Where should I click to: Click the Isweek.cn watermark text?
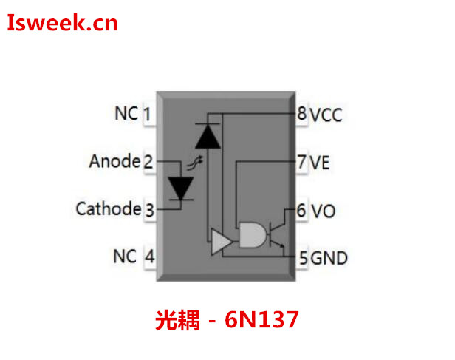pos(63,24)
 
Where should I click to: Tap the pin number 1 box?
pos(148,115)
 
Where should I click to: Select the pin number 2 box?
pos(148,162)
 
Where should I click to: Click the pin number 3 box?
pos(148,211)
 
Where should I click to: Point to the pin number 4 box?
pos(148,257)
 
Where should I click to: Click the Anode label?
pos(114,161)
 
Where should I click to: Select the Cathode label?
pos(108,209)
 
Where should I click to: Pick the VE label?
pos(320,163)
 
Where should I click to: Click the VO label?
pos(322,211)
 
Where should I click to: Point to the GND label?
pos(329,258)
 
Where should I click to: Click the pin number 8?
pos(301,115)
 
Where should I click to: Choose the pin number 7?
pos(301,163)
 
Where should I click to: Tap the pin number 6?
pos(301,211)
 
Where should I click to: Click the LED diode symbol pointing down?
pos(180,188)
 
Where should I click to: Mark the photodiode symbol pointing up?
pos(210,135)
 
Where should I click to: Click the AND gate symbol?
pos(252,236)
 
